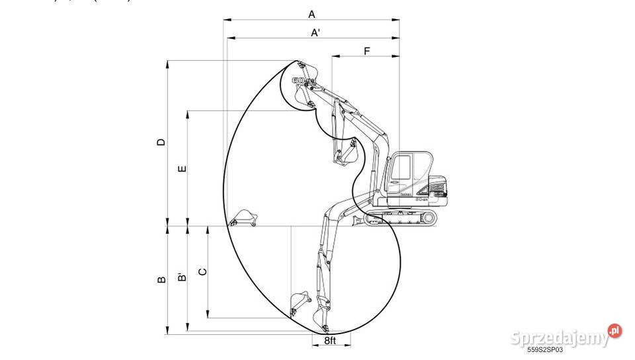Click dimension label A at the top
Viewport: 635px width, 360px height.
[x=312, y=13]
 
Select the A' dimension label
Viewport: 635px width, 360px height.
[x=316, y=33]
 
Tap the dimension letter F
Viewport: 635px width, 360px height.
[x=366, y=51]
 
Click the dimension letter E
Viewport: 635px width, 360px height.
[x=183, y=168]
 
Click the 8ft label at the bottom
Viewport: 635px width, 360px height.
[x=330, y=340]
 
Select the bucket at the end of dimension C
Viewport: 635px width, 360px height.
[x=300, y=303]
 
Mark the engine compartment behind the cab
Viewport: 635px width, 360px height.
[x=439, y=187]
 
